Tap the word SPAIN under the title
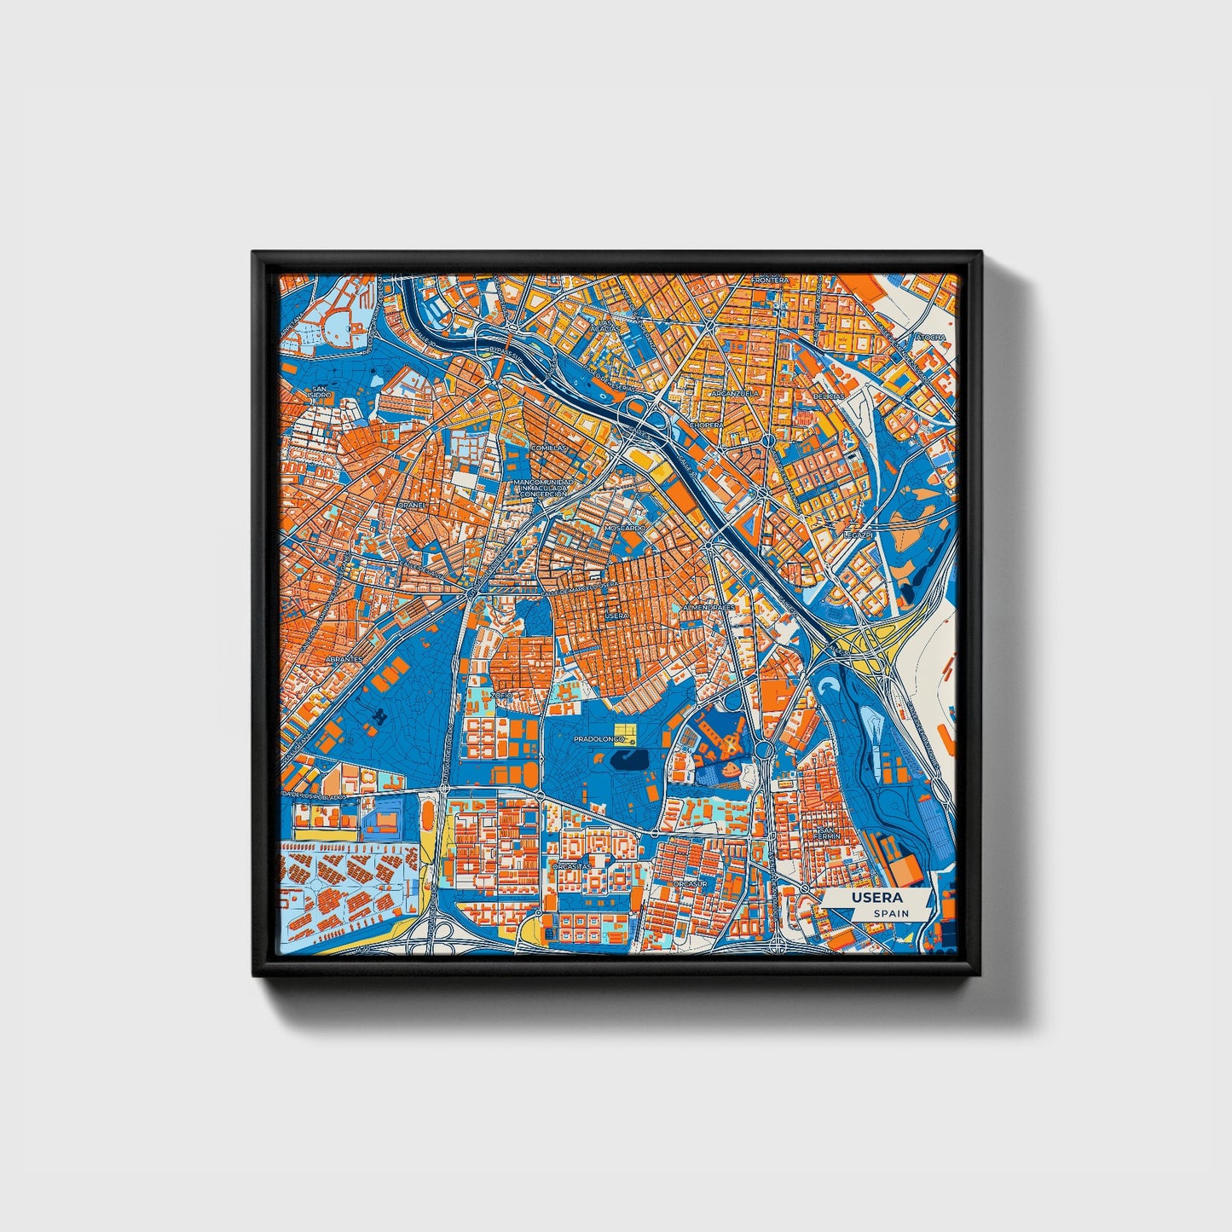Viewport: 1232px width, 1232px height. pyautogui.click(x=891, y=913)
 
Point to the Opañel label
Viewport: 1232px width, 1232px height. pyautogui.click(x=411, y=504)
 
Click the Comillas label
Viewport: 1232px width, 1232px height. pyautogui.click(x=548, y=447)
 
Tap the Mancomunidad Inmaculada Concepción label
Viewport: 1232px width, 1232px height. pyautogui.click(x=539, y=488)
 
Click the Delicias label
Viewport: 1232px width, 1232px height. pyautogui.click(x=828, y=396)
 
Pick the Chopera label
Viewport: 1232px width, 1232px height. pyautogui.click(x=706, y=424)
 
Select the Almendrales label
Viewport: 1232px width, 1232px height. pyautogui.click(x=709, y=607)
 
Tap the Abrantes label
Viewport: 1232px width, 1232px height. pyautogui.click(x=344, y=659)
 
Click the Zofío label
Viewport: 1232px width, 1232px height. pyautogui.click(x=500, y=695)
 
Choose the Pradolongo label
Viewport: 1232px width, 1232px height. pyautogui.click(x=599, y=739)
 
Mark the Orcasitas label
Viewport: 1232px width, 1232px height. pyautogui.click(x=571, y=865)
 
